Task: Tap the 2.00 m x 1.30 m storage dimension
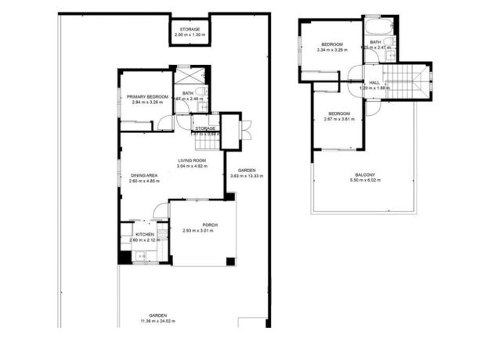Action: [x=189, y=35]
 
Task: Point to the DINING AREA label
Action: [x=144, y=175]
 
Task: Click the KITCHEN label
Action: [x=145, y=235]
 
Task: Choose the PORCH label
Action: [x=200, y=225]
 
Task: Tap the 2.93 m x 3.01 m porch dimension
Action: [x=200, y=231]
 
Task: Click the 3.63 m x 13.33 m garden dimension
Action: [x=247, y=176]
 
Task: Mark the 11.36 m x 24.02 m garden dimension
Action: [x=158, y=322]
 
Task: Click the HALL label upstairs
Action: [x=374, y=82]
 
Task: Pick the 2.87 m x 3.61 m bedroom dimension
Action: [x=339, y=120]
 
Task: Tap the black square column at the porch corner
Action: [x=229, y=261]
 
